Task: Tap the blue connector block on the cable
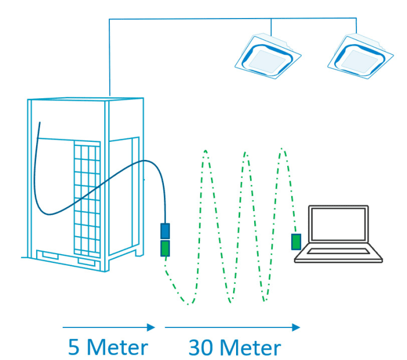coord(165,231)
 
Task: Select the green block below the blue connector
coord(165,249)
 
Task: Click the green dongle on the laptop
coord(296,241)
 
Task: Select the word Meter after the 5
coord(117,348)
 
